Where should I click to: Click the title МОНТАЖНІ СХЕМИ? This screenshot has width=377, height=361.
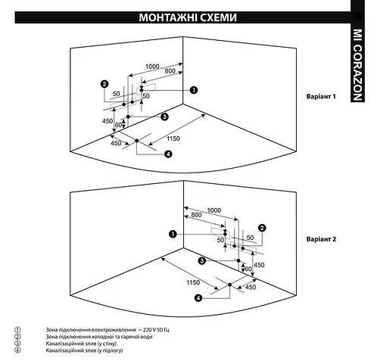point(188,17)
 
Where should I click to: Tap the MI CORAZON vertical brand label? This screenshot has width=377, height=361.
point(357,65)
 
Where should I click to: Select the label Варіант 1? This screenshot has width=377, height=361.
point(321,96)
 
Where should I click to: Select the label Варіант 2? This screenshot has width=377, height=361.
point(321,239)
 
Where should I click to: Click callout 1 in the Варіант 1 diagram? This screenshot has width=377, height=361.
point(194,90)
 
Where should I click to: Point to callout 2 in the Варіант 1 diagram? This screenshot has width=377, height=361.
point(104,84)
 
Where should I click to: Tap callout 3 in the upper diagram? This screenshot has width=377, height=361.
point(164,117)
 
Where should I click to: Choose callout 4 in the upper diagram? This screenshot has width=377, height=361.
point(168,154)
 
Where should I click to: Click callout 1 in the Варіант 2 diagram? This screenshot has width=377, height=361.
point(173,234)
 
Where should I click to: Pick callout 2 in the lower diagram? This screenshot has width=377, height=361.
point(262,228)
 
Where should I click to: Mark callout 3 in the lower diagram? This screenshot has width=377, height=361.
point(202,260)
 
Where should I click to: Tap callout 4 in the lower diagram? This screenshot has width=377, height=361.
point(198,298)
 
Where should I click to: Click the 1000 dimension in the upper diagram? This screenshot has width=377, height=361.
point(152,67)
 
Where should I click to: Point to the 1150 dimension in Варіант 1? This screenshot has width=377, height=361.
point(173,138)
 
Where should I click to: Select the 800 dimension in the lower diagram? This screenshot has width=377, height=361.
point(196,215)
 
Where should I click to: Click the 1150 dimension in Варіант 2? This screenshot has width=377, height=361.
point(193,282)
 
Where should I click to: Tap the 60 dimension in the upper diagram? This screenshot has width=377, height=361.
point(118,125)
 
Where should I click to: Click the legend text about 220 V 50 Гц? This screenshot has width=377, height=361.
point(107,330)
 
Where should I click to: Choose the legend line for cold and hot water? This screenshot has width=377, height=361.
point(99,337)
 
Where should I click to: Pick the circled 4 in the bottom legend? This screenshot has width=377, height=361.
point(17,350)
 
